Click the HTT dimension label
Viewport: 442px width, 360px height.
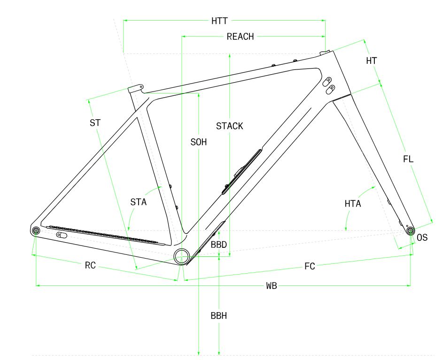[x=219, y=21]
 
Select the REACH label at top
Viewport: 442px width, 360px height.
[x=240, y=37]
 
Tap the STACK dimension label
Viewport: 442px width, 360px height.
[x=230, y=126]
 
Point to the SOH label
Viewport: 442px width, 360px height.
[x=199, y=142]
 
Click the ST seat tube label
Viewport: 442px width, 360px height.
[x=95, y=123]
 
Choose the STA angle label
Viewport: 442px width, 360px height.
[x=139, y=202]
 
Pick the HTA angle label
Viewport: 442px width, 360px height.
[x=353, y=203]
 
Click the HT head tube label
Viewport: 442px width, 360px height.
[x=372, y=61]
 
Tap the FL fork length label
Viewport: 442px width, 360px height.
[x=408, y=159]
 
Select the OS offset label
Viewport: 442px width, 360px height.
[x=422, y=237]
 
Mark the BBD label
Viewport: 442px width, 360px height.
[x=219, y=245]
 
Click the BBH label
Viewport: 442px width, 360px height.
[x=219, y=316]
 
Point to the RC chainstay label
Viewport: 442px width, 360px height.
[x=90, y=265]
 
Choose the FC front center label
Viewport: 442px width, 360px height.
[x=310, y=266]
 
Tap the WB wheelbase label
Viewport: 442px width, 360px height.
[x=271, y=285]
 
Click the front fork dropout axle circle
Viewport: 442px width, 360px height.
[x=410, y=230]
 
